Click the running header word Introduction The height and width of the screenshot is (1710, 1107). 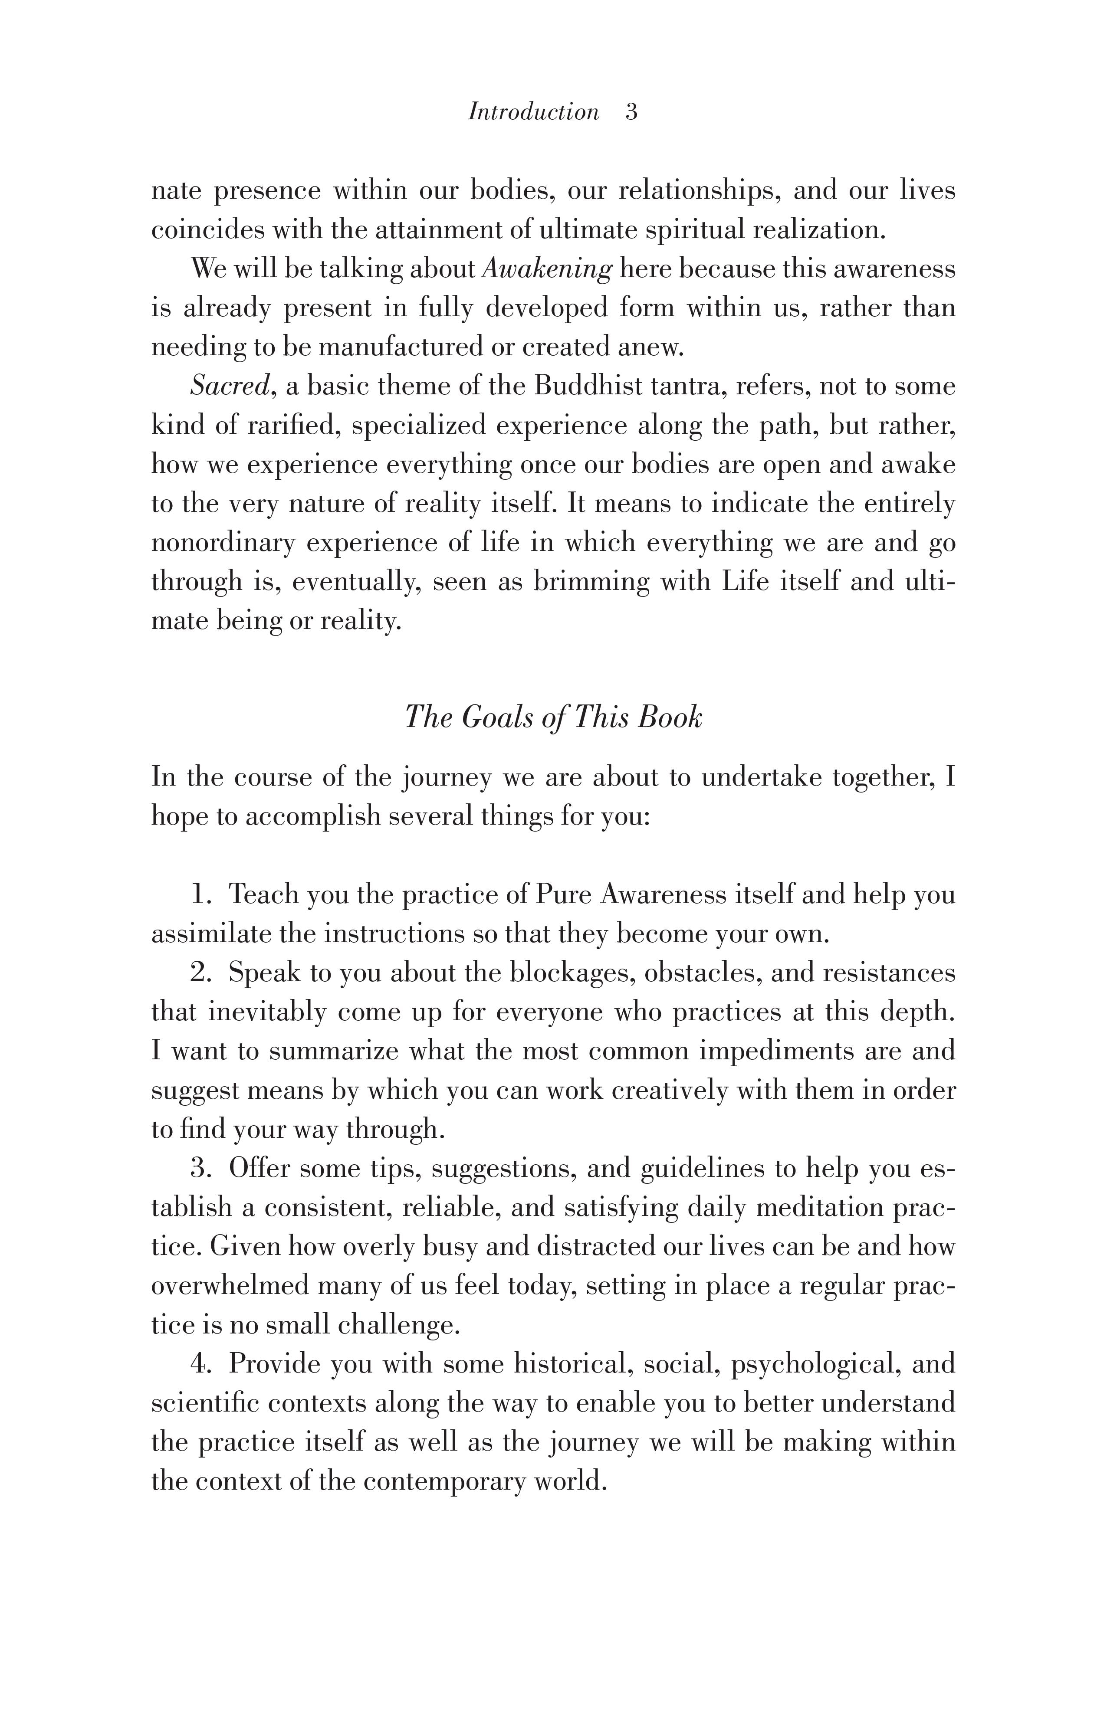[533, 112]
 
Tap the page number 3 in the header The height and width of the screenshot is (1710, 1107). [631, 112]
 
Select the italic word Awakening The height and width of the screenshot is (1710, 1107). [546, 269]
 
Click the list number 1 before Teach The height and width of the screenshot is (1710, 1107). [199, 894]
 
